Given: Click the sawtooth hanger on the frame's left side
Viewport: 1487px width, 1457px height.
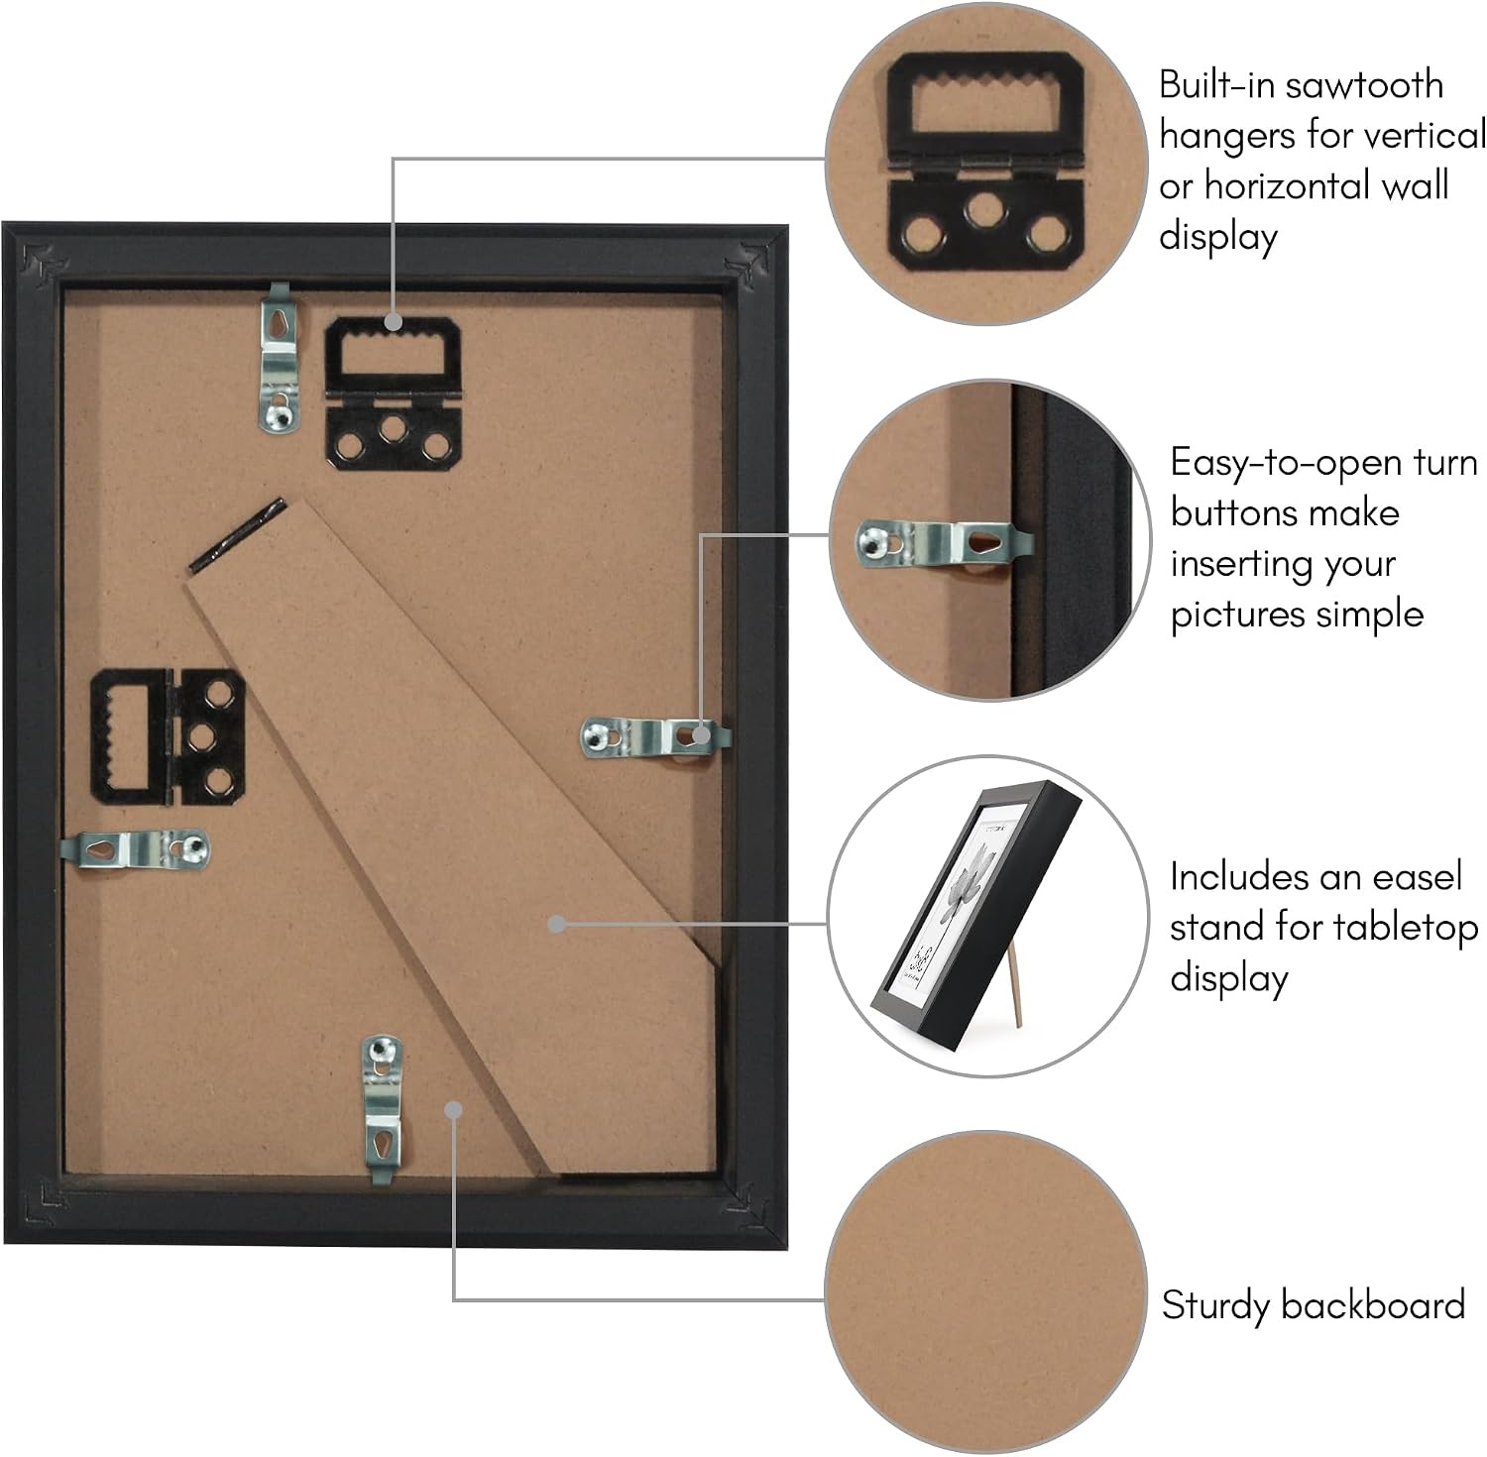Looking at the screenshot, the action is click(169, 735).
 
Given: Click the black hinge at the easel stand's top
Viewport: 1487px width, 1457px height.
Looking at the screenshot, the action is click(236, 535).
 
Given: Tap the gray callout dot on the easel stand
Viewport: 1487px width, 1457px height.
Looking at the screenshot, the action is click(557, 924).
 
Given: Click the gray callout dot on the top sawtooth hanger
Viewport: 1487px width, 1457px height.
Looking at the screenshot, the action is click(394, 321).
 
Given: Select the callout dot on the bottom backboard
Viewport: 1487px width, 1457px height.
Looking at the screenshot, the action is click(454, 1110).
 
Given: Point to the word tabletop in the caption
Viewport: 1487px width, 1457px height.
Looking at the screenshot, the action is click(1406, 928).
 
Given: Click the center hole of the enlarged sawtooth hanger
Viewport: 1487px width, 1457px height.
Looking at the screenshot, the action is click(985, 210).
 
